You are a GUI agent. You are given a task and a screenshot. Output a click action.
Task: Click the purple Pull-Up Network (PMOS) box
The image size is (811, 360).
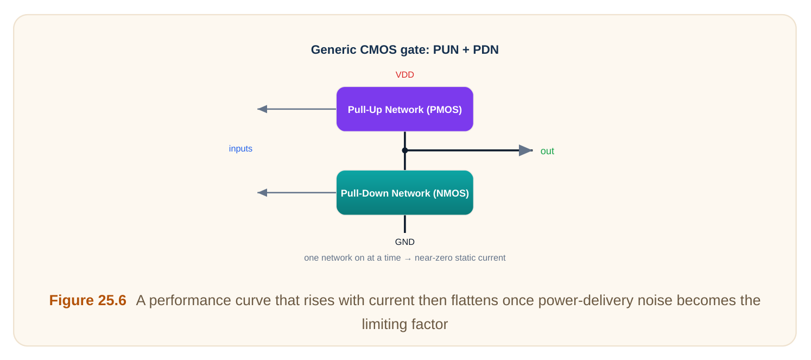point(405,109)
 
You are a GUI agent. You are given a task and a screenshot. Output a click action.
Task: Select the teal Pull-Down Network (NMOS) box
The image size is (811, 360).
point(405,193)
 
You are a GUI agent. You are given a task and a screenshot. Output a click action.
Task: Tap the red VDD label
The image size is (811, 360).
point(405,75)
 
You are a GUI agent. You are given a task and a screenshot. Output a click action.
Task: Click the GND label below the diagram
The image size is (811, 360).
point(405,242)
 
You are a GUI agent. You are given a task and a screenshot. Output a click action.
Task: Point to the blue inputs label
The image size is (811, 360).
point(240,148)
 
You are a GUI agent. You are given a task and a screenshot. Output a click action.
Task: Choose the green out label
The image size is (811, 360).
point(547,151)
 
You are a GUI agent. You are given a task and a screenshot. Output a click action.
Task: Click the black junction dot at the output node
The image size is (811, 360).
point(405,150)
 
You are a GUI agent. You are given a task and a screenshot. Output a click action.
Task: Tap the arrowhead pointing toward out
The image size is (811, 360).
point(525,150)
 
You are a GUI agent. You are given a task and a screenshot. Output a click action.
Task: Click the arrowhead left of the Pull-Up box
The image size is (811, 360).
point(262,109)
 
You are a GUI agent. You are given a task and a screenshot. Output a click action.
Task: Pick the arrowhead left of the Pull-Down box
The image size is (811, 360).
point(262,193)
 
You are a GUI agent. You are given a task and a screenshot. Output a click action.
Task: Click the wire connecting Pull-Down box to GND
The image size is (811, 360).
point(405,224)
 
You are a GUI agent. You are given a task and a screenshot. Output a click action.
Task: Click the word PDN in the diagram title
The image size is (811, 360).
point(485,49)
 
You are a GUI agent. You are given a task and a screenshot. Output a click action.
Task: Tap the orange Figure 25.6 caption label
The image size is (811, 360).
point(87,300)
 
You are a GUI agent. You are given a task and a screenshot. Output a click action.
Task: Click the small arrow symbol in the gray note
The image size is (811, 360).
point(408,258)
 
